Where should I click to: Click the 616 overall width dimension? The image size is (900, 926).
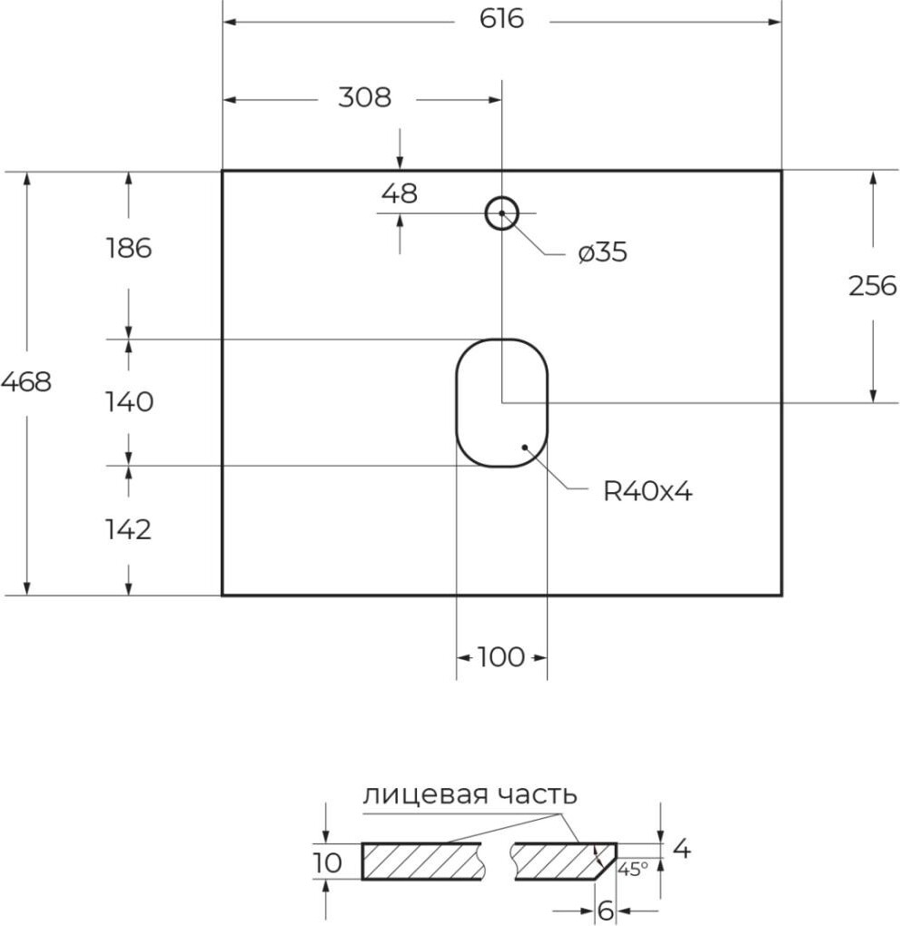(502, 19)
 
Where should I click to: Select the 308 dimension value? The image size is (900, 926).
(364, 97)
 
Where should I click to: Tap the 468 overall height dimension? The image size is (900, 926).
(25, 382)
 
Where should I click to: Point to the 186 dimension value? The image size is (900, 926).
(128, 247)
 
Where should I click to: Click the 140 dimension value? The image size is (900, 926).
(128, 401)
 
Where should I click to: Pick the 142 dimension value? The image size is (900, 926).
(128, 529)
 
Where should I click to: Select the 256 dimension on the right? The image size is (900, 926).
(872, 286)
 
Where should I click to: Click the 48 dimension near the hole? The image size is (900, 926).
(400, 193)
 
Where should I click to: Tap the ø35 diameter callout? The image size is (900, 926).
(602, 253)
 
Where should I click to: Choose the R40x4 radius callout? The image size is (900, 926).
(648, 492)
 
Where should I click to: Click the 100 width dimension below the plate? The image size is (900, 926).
(500, 656)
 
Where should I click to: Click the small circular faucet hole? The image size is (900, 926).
(501, 213)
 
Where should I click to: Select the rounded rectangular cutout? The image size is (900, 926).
(501, 402)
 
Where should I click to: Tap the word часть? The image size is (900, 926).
(538, 795)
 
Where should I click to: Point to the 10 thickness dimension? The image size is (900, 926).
(329, 862)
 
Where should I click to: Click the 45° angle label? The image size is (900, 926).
(633, 869)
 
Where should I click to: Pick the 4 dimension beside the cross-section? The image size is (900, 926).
(682, 850)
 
